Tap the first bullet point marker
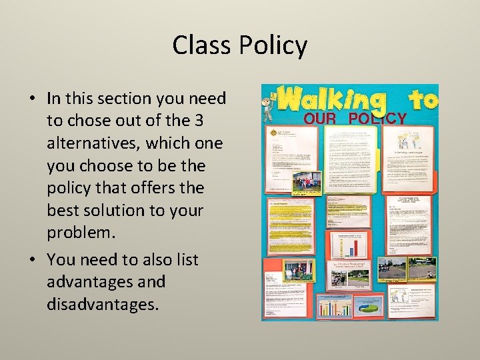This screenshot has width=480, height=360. click(x=32, y=99)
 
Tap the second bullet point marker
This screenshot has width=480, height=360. click(x=32, y=260)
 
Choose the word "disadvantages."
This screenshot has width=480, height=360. click(x=103, y=304)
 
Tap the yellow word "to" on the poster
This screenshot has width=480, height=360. click(x=423, y=99)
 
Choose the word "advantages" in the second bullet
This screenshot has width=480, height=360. click(x=106, y=282)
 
